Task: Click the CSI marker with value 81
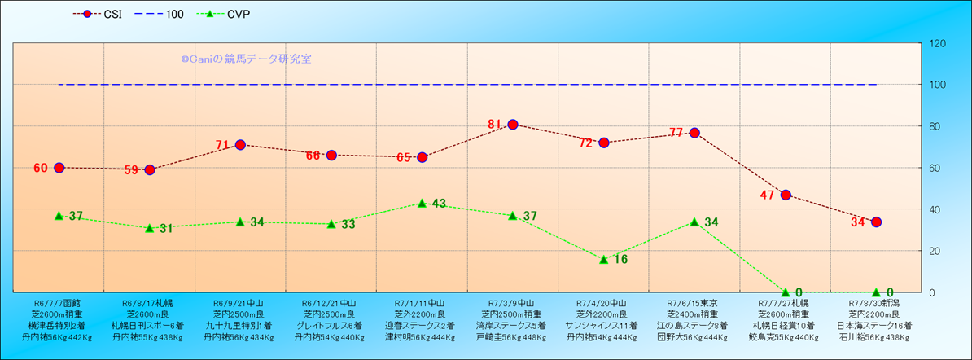(513, 125)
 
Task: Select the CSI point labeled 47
(786, 195)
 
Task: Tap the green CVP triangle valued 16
(603, 259)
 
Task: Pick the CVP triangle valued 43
(422, 203)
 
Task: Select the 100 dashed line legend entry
(166, 14)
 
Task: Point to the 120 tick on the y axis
(937, 43)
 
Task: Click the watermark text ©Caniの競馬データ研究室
(246, 59)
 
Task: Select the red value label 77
(676, 133)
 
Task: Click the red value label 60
(41, 168)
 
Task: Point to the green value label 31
(165, 228)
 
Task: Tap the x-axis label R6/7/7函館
(58, 301)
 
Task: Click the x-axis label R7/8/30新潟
(876, 301)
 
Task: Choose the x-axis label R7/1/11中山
(422, 301)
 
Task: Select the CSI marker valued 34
(876, 222)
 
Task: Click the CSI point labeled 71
(240, 145)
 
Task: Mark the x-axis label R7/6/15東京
(694, 301)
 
